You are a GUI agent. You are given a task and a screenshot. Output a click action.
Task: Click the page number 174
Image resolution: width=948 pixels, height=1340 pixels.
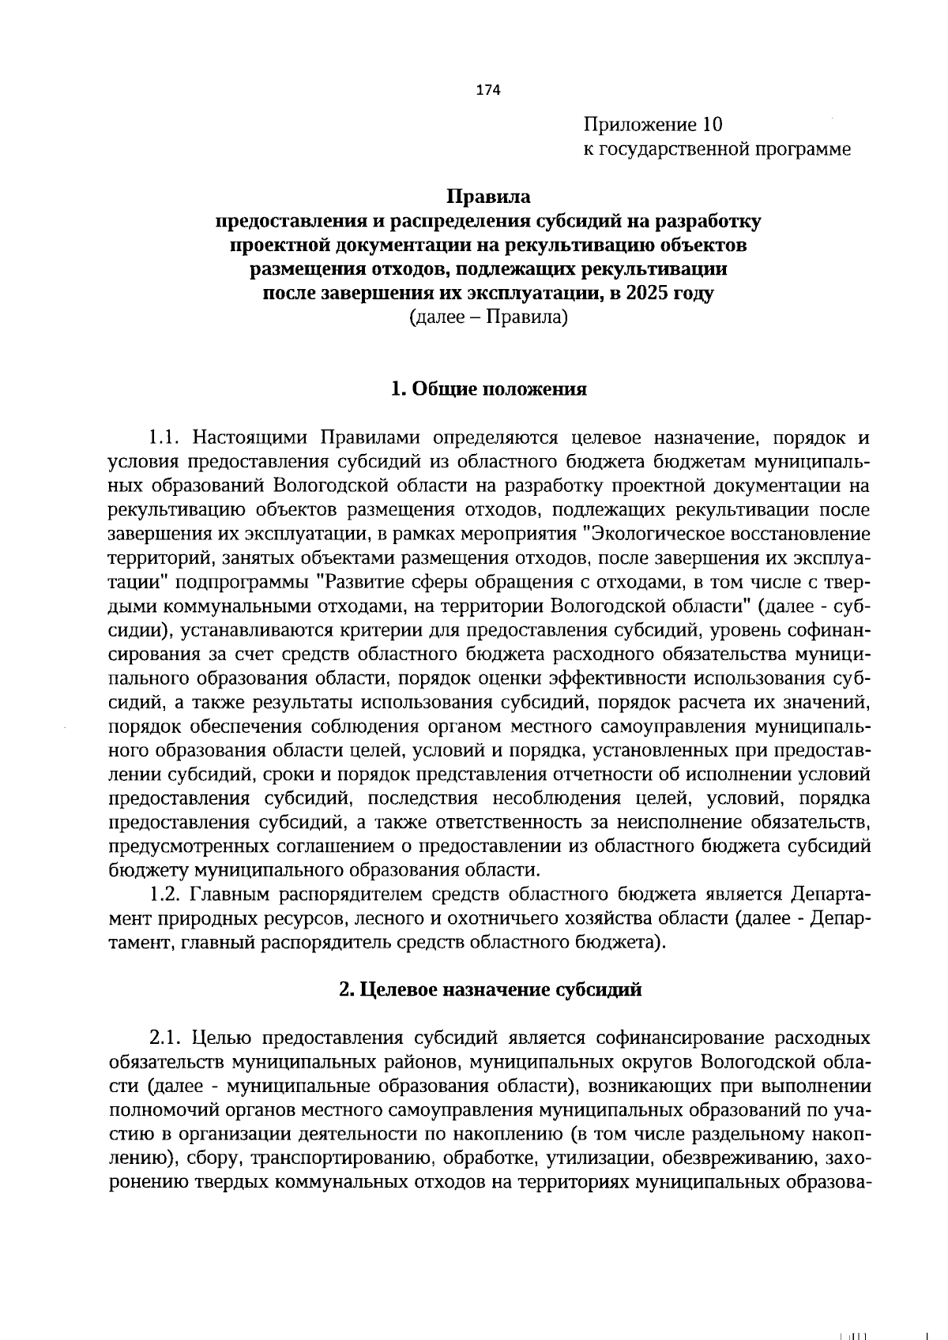point(487,91)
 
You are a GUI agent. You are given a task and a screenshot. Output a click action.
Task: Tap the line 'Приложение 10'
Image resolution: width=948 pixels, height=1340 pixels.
point(653,125)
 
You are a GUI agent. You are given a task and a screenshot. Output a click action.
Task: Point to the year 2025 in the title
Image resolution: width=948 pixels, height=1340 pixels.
point(650,294)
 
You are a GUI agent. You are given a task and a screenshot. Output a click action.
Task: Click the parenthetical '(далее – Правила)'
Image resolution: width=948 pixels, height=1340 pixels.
point(489,317)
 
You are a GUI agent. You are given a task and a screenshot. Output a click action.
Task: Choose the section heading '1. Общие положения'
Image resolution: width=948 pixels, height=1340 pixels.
point(489,389)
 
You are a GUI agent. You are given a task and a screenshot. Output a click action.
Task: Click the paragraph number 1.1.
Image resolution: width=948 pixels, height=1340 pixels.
point(165,438)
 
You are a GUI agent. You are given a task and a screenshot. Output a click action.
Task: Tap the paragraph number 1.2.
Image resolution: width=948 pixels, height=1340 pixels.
point(165,895)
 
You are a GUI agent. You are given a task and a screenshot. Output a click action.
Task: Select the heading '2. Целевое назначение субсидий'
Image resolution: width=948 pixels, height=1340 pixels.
point(490,990)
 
